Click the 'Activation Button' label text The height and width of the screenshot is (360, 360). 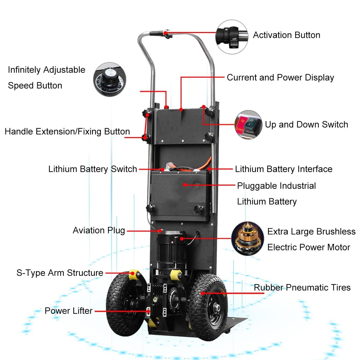click(x=286, y=35)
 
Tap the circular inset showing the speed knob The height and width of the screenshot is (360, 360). click(x=110, y=79)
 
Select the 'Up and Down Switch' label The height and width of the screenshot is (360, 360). click(x=306, y=124)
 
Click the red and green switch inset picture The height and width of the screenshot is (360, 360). click(x=248, y=124)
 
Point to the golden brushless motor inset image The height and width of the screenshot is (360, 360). click(x=247, y=238)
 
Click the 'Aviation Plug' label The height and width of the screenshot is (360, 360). click(x=99, y=230)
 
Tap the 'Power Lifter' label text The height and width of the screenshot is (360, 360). click(x=69, y=311)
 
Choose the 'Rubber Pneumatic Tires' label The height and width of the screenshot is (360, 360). click(x=302, y=287)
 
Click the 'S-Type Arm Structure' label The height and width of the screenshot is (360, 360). click(x=60, y=273)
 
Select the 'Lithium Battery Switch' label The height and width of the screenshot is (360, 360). click(x=93, y=169)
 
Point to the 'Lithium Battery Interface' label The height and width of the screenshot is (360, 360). click(x=283, y=169)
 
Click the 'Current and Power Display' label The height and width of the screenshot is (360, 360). click(x=280, y=77)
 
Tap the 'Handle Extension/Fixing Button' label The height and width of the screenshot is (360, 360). click(x=67, y=131)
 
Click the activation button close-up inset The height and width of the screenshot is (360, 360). click(x=232, y=37)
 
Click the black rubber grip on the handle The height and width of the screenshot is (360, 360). click(x=156, y=33)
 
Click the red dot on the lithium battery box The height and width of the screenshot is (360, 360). click(x=185, y=185)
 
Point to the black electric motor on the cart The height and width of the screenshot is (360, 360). click(x=172, y=248)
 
